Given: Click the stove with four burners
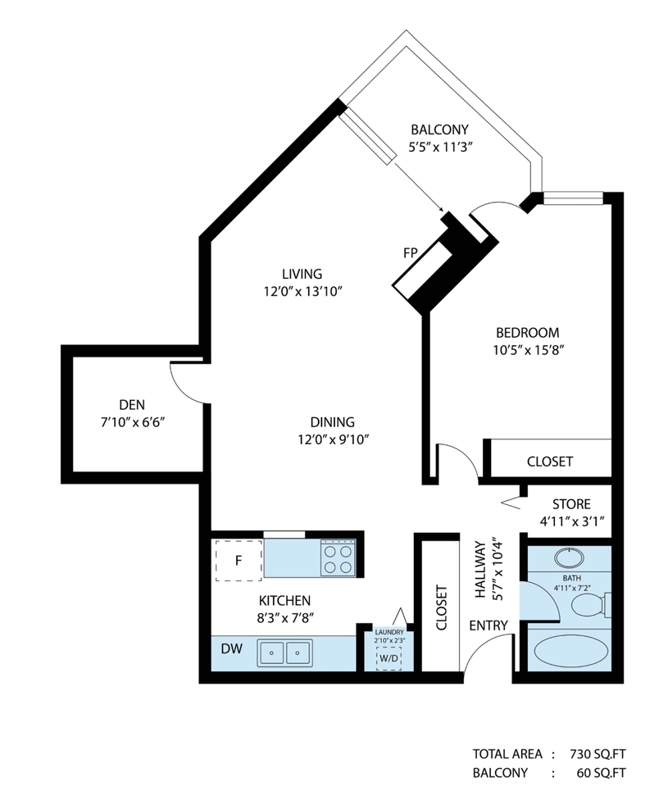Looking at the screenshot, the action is pyautogui.click(x=338, y=557).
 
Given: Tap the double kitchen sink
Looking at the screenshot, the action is pyautogui.click(x=284, y=653).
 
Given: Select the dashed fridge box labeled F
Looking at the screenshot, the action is pyautogui.click(x=239, y=560).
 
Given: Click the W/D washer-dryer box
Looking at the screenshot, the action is pyautogui.click(x=389, y=658).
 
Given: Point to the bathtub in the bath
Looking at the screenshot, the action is pyautogui.click(x=567, y=650).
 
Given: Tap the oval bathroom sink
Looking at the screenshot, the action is pyautogui.click(x=569, y=557).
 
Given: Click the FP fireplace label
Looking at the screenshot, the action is pyautogui.click(x=411, y=253).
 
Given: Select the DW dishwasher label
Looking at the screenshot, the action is pyautogui.click(x=231, y=649).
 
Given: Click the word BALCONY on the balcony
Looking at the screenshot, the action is pyautogui.click(x=439, y=130).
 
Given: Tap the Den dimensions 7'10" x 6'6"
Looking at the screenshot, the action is pyautogui.click(x=133, y=422).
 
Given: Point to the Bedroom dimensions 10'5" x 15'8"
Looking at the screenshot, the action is pyautogui.click(x=528, y=350).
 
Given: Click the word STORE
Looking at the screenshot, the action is pyautogui.click(x=571, y=504).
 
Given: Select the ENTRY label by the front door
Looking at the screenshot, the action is pyautogui.click(x=489, y=626).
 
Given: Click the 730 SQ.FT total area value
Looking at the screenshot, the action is pyautogui.click(x=598, y=754).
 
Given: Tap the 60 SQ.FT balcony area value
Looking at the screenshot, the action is pyautogui.click(x=602, y=773).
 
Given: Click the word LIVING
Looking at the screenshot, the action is pyautogui.click(x=302, y=274).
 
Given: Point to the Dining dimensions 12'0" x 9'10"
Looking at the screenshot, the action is pyautogui.click(x=334, y=439).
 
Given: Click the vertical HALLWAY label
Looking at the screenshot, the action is pyautogui.click(x=480, y=569).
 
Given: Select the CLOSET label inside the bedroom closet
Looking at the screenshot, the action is pyautogui.click(x=550, y=462).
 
